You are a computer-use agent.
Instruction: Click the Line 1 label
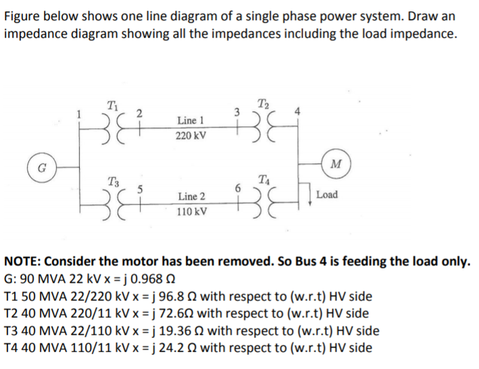pos(191,120)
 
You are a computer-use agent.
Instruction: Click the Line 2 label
pos(191,196)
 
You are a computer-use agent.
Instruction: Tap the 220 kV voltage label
pos(191,136)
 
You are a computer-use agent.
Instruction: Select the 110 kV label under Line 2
pos(191,212)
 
